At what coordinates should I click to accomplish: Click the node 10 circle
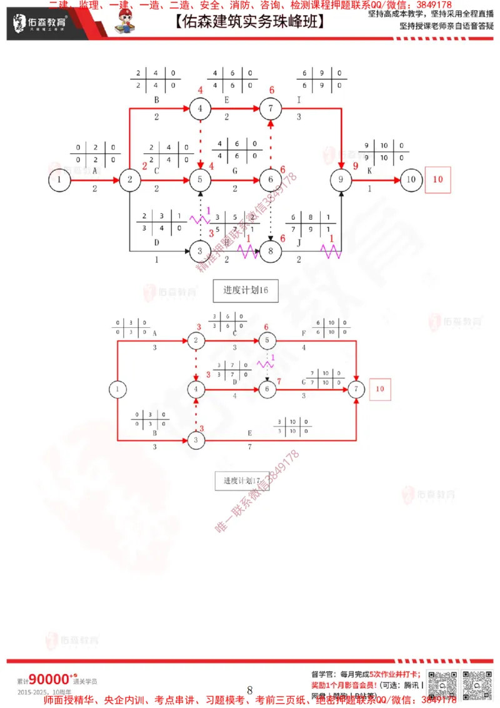(411, 180)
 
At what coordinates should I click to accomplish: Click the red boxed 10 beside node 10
(437, 180)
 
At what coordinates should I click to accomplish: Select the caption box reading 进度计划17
(242, 480)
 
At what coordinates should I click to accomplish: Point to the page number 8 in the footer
(249, 690)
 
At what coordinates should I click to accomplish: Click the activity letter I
(299, 99)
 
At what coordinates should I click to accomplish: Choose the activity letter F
(304, 333)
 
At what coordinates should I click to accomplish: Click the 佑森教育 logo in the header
(40, 24)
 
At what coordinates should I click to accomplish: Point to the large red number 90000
(49, 679)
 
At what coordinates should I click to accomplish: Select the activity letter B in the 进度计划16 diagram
(156, 99)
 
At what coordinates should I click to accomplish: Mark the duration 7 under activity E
(250, 447)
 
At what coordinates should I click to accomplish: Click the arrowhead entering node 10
(396, 180)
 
